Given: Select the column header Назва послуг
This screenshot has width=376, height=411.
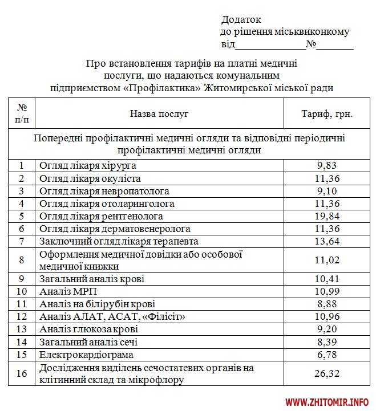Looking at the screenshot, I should pos(159,113).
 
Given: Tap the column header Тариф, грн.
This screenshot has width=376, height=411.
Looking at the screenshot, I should pos(327,113).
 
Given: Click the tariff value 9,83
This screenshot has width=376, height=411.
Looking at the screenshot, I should pos(328,166).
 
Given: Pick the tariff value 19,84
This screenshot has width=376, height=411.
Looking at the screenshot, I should pos(328,216).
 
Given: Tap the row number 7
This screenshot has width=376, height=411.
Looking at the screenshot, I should pos(22,241).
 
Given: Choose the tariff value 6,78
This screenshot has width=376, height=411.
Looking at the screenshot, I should pos(328,355).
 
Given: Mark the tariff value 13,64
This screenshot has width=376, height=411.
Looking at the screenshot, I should pos(328,241).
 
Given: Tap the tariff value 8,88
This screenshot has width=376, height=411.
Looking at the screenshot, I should pos(328,304).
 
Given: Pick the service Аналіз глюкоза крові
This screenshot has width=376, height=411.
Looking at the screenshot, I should pos(88,329).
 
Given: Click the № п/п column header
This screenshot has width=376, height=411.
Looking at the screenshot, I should pos(22,113).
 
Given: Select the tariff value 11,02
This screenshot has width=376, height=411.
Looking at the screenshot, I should pos(328,260).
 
